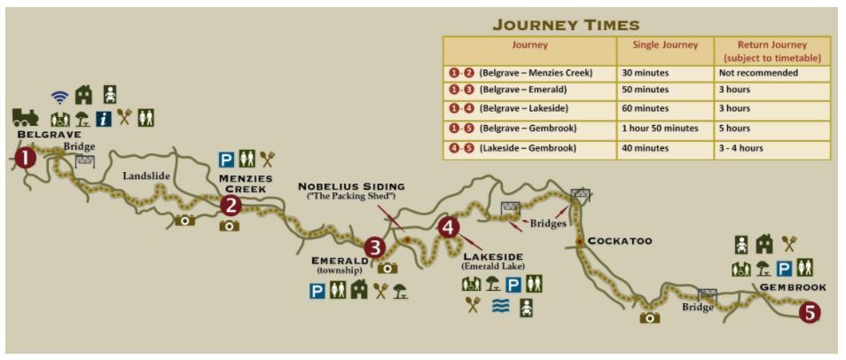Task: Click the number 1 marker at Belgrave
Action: pos(27,158)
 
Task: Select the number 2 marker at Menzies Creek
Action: pos(231,206)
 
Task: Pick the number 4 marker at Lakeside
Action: pos(449,228)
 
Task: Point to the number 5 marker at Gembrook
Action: pos(809,311)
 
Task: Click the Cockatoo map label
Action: pos(620,240)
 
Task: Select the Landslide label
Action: pos(146,176)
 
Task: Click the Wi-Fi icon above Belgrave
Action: pos(59,97)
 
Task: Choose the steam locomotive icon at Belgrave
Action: pos(25,117)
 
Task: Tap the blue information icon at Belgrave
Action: pos(104,117)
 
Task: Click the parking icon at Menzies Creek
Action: pos(227,160)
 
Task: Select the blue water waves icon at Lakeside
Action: pos(500,307)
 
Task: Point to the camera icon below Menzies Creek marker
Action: pos(229,225)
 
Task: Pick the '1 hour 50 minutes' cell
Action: pos(661,128)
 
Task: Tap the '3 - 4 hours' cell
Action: pos(742,147)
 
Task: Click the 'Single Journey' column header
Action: pos(664,44)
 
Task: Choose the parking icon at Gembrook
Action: pos(784,268)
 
